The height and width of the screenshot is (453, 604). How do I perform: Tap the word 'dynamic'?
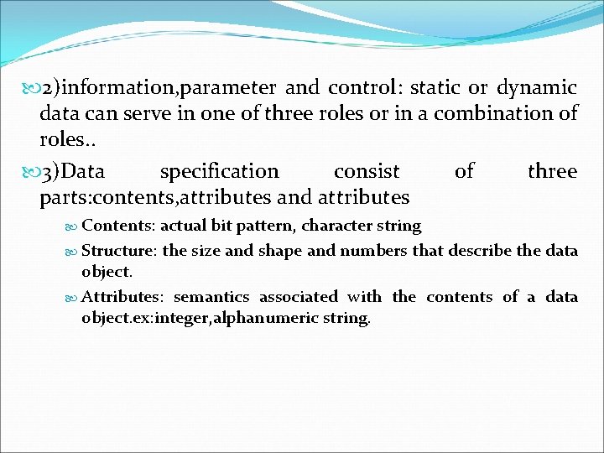pos(536,87)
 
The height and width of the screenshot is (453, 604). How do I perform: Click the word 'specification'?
pos(219,172)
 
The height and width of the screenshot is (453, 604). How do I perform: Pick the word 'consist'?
pos(367,172)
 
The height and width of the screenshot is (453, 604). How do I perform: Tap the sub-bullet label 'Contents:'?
pos(118,226)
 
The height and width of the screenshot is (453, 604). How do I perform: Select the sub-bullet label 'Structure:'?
pos(120,251)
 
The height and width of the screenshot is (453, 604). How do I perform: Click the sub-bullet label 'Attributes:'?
pos(126,297)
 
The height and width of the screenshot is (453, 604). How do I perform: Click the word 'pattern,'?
pos(262,226)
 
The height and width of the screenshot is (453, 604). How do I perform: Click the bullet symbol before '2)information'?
pos(28,88)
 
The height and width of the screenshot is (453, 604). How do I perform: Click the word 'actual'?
pos(182,226)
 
